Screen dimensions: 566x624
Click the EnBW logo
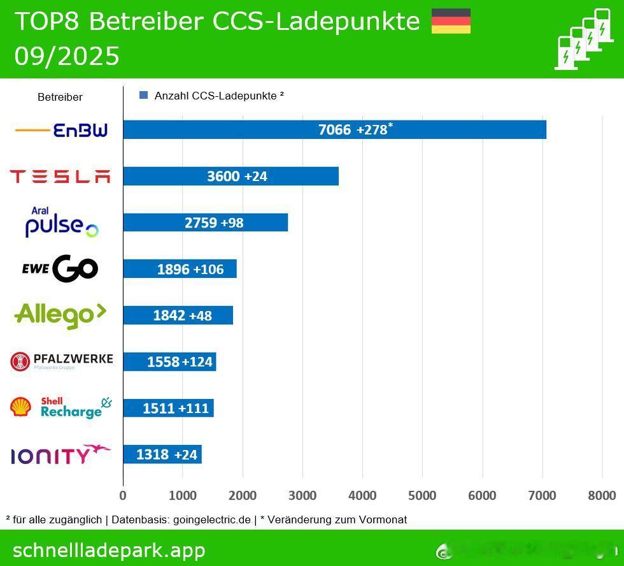[61, 130]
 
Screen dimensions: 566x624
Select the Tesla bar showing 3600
[230, 176]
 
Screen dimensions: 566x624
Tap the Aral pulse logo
[61, 222]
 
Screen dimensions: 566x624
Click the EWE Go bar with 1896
[180, 269]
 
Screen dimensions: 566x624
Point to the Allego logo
[60, 315]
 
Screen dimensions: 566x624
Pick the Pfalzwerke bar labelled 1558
[169, 362]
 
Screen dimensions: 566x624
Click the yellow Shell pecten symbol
[20, 407]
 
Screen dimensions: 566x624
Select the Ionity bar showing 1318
[162, 454]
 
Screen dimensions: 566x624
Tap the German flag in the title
[451, 21]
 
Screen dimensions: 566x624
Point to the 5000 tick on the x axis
[422, 495]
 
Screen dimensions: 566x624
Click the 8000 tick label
[602, 495]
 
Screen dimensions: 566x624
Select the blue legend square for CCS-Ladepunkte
[143, 96]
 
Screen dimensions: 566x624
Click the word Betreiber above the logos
[60, 98]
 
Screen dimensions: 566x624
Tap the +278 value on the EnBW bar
[372, 129]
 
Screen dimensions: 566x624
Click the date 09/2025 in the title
[67, 57]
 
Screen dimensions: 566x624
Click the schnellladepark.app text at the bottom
[109, 550]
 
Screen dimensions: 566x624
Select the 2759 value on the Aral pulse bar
[201, 222]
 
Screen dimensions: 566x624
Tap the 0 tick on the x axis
[123, 495]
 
